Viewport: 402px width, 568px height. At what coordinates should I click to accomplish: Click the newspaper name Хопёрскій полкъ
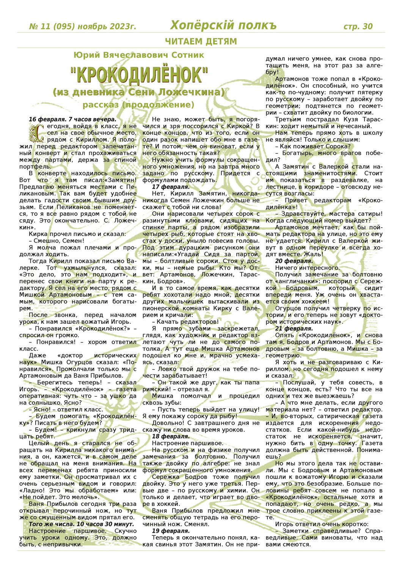click(223, 25)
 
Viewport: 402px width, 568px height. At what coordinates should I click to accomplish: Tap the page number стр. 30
click(358, 26)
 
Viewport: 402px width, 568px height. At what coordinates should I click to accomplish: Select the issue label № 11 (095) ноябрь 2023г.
click(82, 26)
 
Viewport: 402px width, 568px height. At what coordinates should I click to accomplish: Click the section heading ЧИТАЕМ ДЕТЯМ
click(201, 41)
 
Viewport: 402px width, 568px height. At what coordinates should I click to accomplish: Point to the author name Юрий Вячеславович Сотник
click(139, 55)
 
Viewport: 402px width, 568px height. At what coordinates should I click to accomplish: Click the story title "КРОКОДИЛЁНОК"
click(139, 75)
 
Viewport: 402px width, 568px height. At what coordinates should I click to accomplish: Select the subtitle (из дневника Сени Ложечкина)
click(139, 92)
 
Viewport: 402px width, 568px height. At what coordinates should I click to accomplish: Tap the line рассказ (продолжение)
click(139, 105)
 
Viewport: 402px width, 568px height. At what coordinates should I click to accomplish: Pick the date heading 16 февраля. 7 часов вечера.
click(72, 119)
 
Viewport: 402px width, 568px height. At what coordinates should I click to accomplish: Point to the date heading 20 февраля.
click(294, 261)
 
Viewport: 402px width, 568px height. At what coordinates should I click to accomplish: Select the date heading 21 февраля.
click(294, 328)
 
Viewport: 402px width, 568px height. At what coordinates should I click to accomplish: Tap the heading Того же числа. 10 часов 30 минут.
click(81, 524)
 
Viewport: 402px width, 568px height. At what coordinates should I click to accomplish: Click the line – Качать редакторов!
click(185, 321)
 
